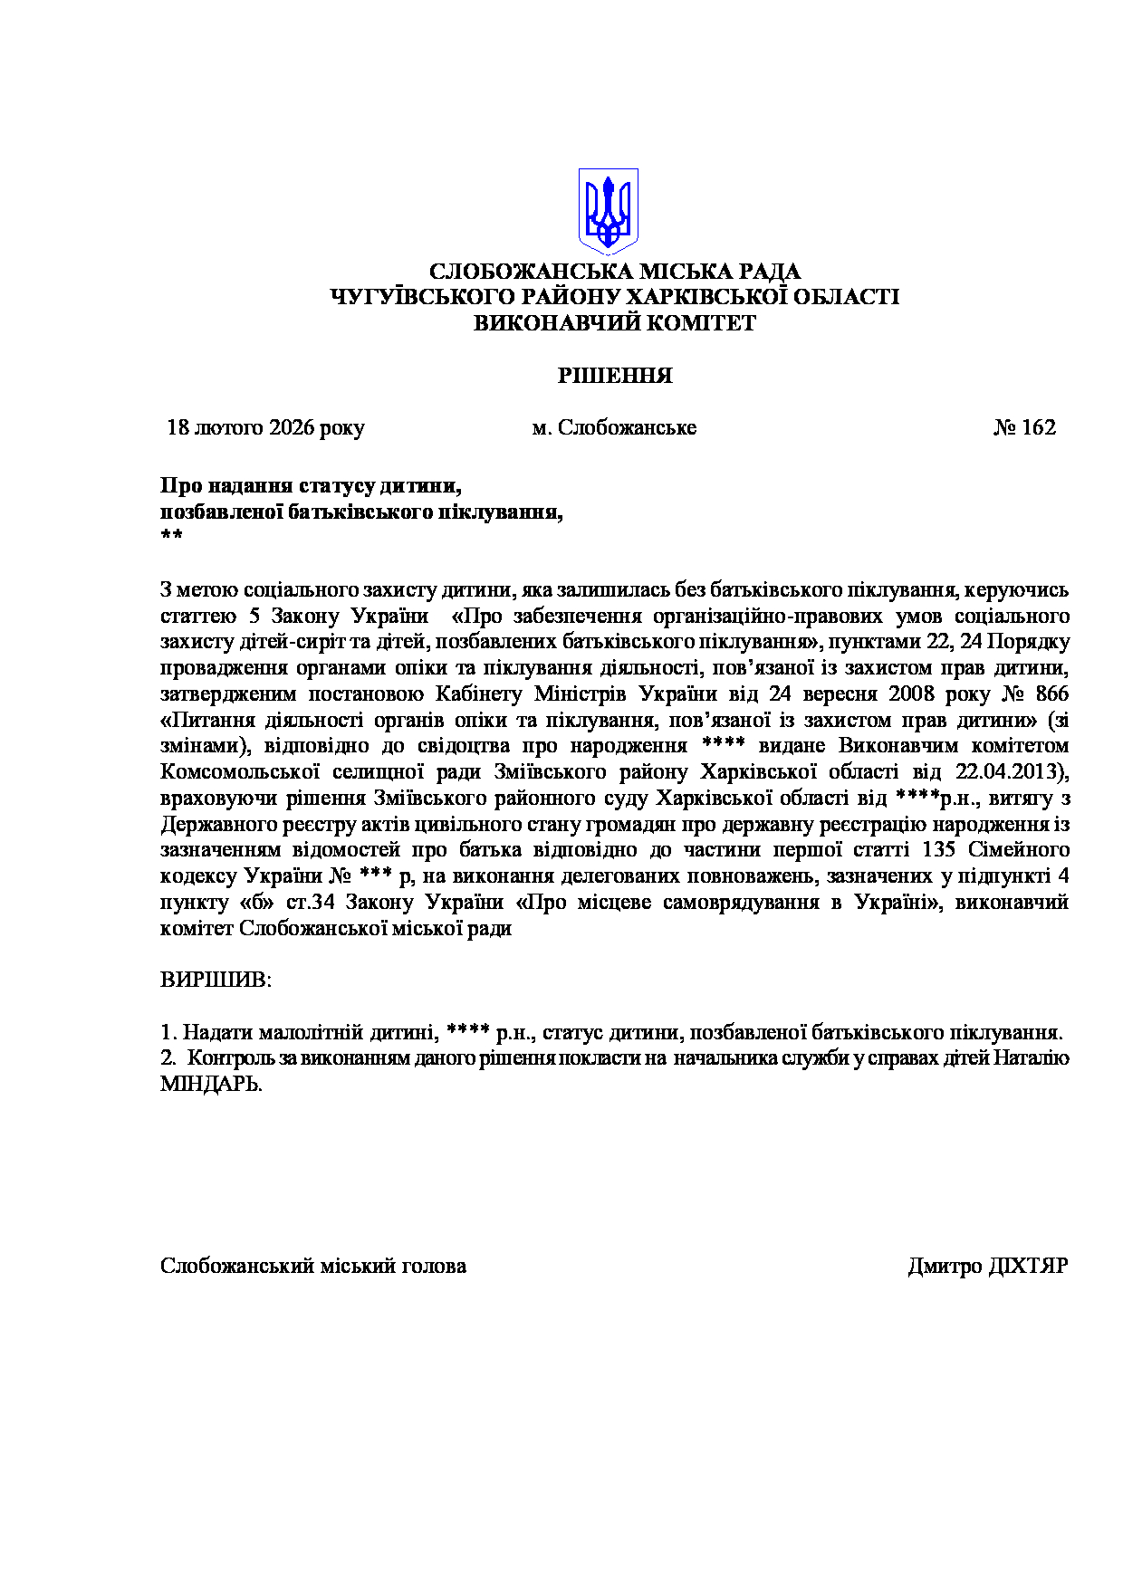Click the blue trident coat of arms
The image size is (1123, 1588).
609,210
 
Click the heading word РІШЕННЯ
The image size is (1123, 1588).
615,376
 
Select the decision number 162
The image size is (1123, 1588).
1038,427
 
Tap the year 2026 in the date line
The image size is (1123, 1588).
291,427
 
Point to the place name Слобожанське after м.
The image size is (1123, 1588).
627,427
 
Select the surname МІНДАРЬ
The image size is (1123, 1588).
210,1084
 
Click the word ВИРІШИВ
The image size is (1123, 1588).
216,980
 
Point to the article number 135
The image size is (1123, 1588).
940,850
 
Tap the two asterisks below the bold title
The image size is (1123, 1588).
171,537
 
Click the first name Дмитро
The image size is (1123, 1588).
944,1266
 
